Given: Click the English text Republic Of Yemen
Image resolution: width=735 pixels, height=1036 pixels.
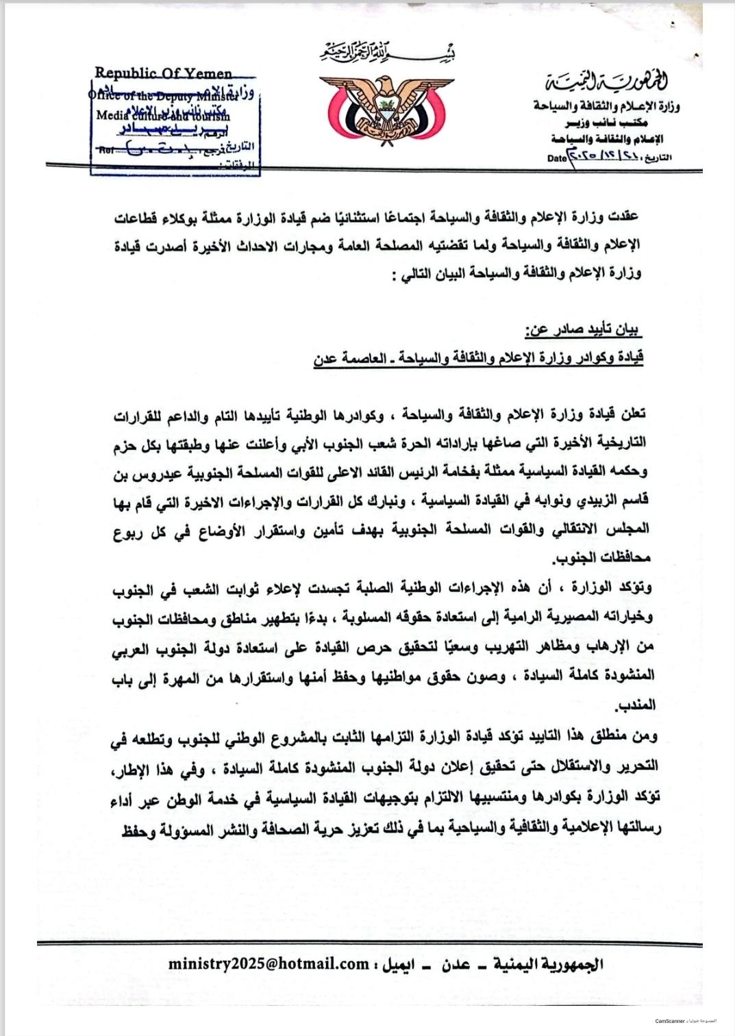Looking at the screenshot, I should [x=164, y=73].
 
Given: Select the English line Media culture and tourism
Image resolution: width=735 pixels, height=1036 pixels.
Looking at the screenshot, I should [x=163, y=116].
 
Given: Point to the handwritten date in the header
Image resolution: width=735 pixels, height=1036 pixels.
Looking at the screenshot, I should [x=606, y=157].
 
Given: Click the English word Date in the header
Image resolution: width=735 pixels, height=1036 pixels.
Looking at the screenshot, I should [x=557, y=158].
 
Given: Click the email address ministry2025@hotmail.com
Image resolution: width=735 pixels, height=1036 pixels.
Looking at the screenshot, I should [x=269, y=963].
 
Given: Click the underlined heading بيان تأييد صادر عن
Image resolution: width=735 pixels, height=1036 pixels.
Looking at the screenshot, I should [x=583, y=330].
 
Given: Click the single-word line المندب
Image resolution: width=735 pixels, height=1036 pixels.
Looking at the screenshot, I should [x=636, y=705].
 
